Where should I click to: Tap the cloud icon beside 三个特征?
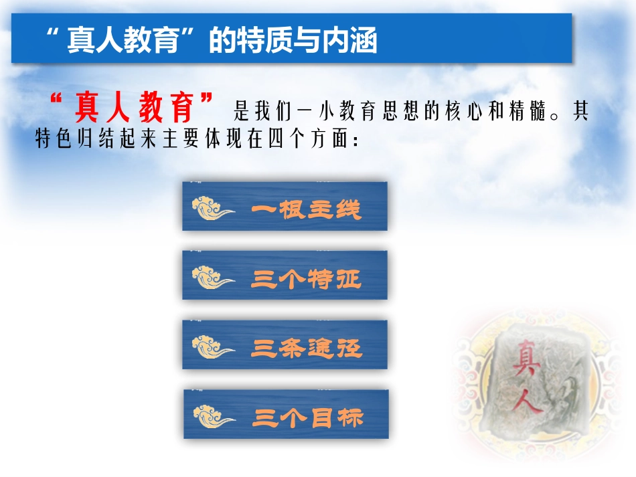[x=212, y=278]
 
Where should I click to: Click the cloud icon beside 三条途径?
[x=212, y=347]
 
